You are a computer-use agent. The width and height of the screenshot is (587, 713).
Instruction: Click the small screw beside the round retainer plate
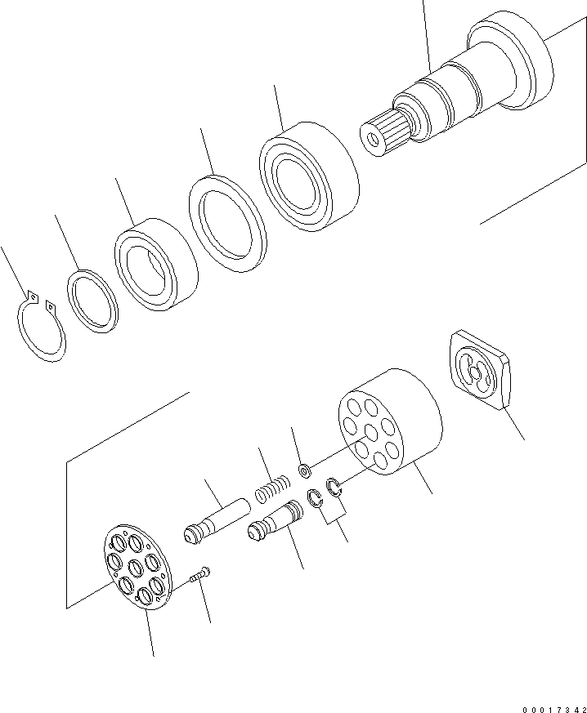199,575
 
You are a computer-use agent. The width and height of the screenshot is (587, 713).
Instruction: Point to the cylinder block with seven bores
390,421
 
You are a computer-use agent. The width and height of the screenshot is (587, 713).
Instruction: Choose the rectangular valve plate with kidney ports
479,369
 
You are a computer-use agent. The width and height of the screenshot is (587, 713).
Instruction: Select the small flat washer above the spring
304,470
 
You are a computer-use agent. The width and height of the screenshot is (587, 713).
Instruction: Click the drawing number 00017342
554,710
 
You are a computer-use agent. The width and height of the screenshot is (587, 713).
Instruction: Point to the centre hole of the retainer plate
136,568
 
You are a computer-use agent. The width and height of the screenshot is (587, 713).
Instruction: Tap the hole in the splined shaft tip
374,139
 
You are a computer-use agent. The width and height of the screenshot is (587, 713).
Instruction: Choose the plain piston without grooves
216,520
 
